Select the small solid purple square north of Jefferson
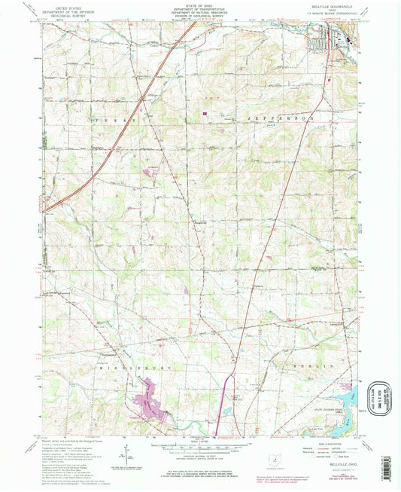204,114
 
